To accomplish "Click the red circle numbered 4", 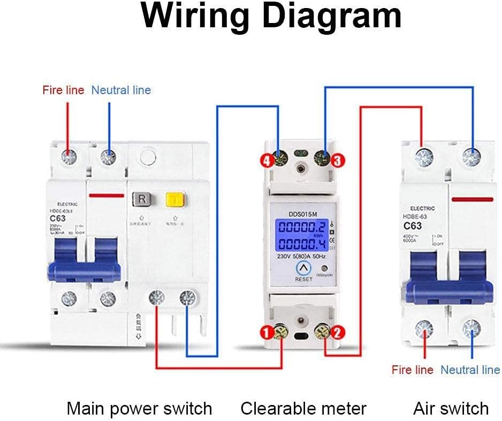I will click(267, 159).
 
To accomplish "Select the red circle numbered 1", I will click(266, 333).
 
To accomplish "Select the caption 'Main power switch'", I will click(139, 409).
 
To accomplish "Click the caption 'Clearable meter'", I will click(303, 409).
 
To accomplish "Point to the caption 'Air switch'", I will click(451, 409).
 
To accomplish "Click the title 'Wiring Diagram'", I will click(271, 17).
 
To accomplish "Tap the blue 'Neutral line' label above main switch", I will click(121, 90).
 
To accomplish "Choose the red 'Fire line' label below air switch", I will click(412, 370).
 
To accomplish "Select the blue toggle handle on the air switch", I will click(448, 289).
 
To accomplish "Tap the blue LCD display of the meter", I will click(303, 238).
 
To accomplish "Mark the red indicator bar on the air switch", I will click(472, 200).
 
